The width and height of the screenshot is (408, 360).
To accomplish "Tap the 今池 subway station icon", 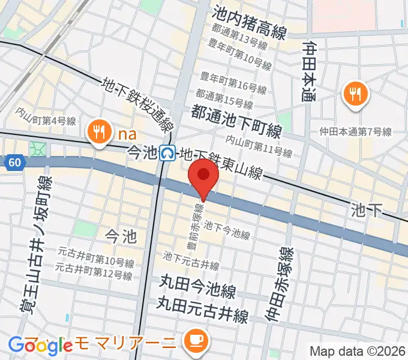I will pyautogui.click(x=169, y=154).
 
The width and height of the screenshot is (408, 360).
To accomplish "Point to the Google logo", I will pyautogui.click(x=40, y=345).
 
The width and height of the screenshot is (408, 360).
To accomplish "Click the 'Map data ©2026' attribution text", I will pyautogui.click(x=358, y=351).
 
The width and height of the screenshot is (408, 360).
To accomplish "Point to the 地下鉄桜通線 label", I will pyautogui.click(x=139, y=106).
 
